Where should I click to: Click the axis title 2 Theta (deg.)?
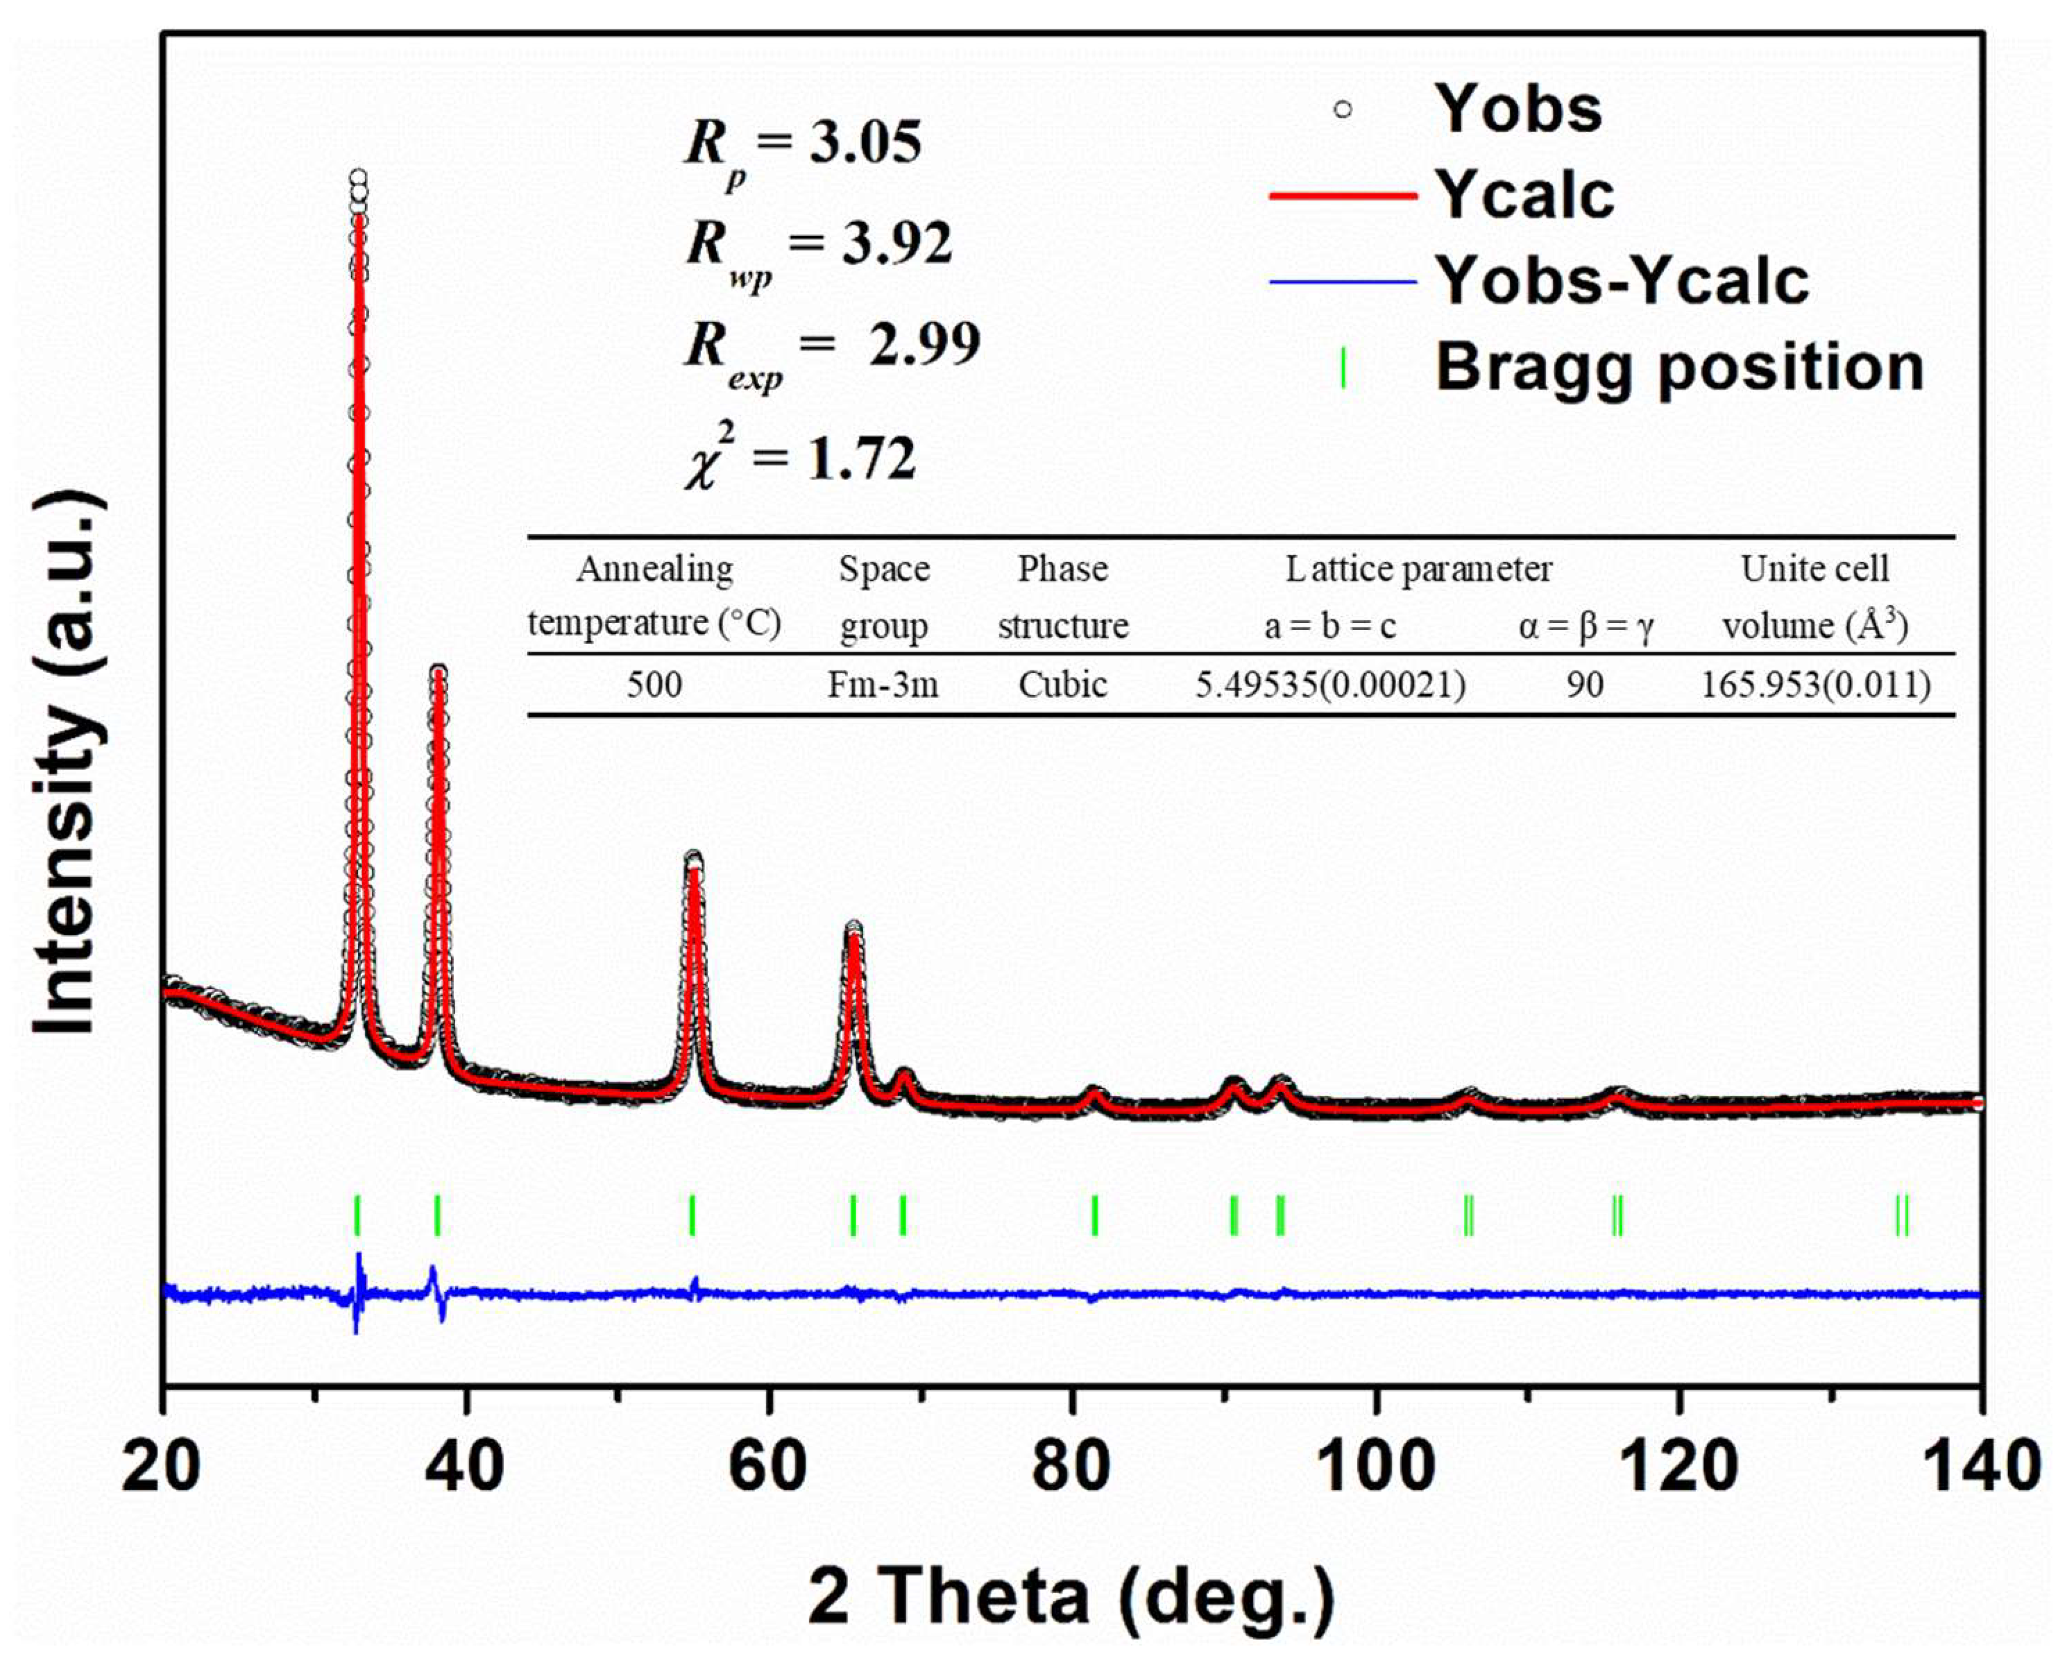click(x=1071, y=1597)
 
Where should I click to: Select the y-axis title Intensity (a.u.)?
click(x=67, y=762)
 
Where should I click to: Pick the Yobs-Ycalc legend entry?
click(x=1621, y=282)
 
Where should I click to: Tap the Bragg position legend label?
click(x=1679, y=367)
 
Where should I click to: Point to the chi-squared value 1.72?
click(x=861, y=459)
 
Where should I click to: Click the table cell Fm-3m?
click(x=883, y=685)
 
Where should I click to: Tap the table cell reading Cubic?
click(x=1063, y=685)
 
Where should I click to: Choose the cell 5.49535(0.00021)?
click(x=1329, y=685)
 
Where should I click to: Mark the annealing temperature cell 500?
click(x=654, y=685)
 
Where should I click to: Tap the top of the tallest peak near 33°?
click(x=358, y=178)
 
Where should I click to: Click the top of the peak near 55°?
click(x=692, y=858)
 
